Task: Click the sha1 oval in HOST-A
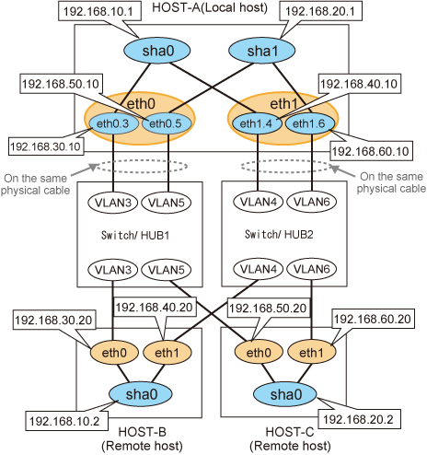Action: click(262, 51)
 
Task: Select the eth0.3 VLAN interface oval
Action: click(113, 123)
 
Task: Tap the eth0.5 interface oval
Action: click(167, 123)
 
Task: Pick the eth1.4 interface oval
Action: click(257, 123)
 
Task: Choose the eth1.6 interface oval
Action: click(310, 123)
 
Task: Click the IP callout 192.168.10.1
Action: click(98, 12)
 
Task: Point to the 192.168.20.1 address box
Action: click(320, 12)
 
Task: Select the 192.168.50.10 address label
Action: click(61, 84)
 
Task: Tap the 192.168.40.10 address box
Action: click(360, 84)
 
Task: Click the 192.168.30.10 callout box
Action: click(46, 146)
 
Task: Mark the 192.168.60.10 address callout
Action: click(371, 151)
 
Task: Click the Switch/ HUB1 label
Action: click(135, 236)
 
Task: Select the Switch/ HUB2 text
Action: click(279, 235)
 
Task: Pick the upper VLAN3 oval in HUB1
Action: click(113, 203)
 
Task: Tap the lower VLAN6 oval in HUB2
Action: click(312, 269)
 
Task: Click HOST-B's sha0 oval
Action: click(141, 394)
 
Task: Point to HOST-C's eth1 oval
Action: click(311, 352)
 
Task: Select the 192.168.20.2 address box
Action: click(359, 419)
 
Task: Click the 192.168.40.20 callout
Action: click(155, 307)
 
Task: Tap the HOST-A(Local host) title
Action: click(210, 7)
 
